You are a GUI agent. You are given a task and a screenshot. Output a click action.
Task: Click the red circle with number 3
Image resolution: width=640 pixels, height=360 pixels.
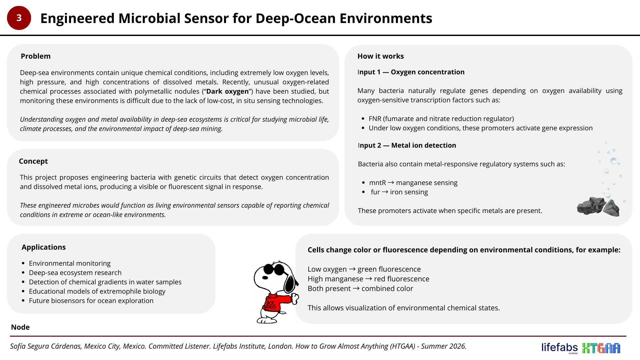coord(19,18)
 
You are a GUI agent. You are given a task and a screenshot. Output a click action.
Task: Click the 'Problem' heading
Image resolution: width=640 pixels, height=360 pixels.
coord(36,56)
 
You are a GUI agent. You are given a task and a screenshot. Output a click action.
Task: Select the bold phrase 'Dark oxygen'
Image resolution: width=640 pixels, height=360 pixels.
coord(227,91)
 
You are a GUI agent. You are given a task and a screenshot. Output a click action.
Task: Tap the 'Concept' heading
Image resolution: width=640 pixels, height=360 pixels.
coord(33,161)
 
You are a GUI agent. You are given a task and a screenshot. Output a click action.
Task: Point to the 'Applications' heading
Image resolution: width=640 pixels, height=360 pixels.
coord(44,247)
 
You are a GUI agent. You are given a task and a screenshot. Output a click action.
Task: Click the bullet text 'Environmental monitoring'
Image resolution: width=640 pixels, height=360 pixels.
coord(70,263)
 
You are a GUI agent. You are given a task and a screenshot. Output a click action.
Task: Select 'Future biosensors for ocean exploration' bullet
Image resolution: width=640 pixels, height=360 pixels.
coord(91,301)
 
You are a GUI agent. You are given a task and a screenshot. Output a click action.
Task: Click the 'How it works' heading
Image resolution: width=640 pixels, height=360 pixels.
coord(380,56)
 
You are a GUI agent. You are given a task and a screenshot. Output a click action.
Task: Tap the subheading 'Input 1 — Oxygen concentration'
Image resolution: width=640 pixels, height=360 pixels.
coord(411,72)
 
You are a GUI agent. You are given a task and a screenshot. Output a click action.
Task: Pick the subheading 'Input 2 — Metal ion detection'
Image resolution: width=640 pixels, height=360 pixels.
coord(407,146)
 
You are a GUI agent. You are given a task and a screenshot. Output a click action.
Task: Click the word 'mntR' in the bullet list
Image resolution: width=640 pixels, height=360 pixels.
coord(377,183)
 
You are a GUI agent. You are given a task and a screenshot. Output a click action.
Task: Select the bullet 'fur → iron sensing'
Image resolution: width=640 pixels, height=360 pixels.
coord(399,192)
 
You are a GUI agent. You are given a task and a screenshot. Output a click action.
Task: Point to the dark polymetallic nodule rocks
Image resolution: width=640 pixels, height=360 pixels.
coord(598,207)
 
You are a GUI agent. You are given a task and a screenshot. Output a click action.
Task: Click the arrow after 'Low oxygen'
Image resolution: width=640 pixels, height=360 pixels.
coord(352,269)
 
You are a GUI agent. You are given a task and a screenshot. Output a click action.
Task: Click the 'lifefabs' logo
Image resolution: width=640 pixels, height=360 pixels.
coord(559,348)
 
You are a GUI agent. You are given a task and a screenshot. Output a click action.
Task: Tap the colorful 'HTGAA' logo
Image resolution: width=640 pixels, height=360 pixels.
coord(601,348)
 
